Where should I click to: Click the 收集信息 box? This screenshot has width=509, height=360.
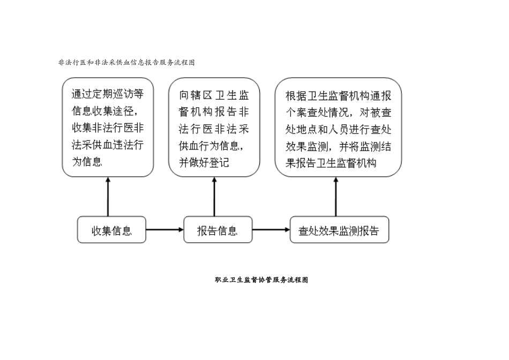[x=111, y=231]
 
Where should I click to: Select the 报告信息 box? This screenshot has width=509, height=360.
[x=218, y=231]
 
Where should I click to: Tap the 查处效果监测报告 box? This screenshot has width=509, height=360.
[x=339, y=231]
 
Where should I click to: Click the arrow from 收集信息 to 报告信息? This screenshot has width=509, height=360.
[x=164, y=230]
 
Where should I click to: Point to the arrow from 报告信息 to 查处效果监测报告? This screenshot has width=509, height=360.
[x=271, y=230]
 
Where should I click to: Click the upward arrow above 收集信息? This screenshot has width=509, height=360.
[x=108, y=197]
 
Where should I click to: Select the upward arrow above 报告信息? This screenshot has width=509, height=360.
[x=214, y=197]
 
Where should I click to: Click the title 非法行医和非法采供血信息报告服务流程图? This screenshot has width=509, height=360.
[x=126, y=63]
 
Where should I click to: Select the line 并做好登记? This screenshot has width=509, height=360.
[x=204, y=161]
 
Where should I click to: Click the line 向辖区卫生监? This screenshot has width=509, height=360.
[x=214, y=95]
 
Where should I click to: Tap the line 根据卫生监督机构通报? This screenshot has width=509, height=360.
[x=338, y=95]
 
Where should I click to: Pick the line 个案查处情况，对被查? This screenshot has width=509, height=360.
[x=338, y=112]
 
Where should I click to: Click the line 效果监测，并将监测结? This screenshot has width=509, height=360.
[x=338, y=146]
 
